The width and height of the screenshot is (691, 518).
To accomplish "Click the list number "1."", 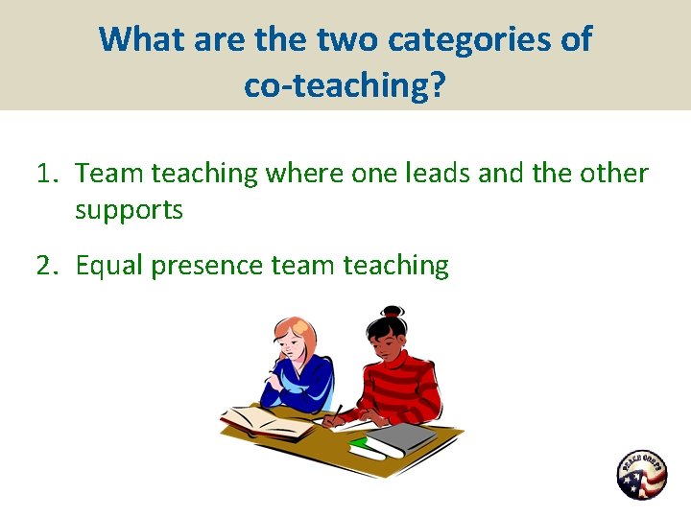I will tap(49, 174).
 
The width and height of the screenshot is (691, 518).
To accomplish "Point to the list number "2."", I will tap(49, 265).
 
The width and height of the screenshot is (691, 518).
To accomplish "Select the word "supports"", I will tap(129, 210).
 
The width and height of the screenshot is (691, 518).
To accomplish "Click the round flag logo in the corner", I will tap(641, 475).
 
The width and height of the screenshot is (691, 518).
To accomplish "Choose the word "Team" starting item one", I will tap(107, 174).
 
